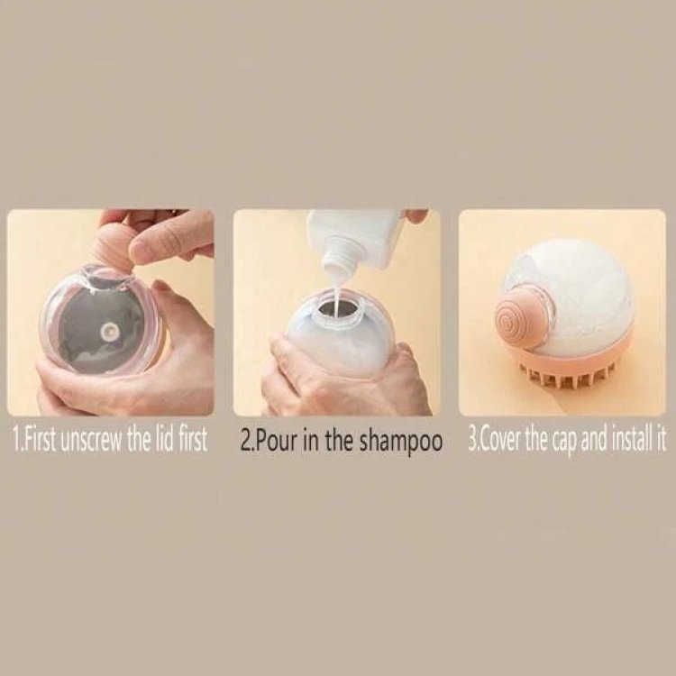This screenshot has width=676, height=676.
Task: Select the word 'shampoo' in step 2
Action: click(x=401, y=442)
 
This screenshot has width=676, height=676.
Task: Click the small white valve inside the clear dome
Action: click(x=107, y=331)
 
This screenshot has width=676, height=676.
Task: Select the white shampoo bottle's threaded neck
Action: click(x=340, y=258)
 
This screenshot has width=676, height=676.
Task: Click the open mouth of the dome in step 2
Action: click(x=338, y=309)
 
